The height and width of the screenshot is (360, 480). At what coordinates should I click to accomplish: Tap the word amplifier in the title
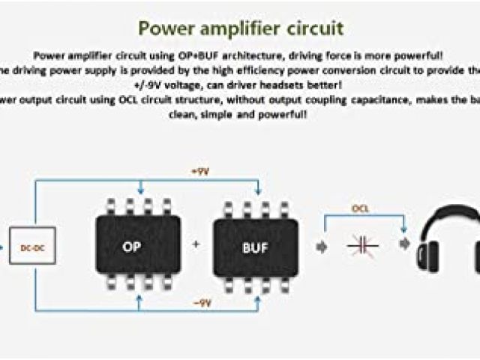tap(241, 28)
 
